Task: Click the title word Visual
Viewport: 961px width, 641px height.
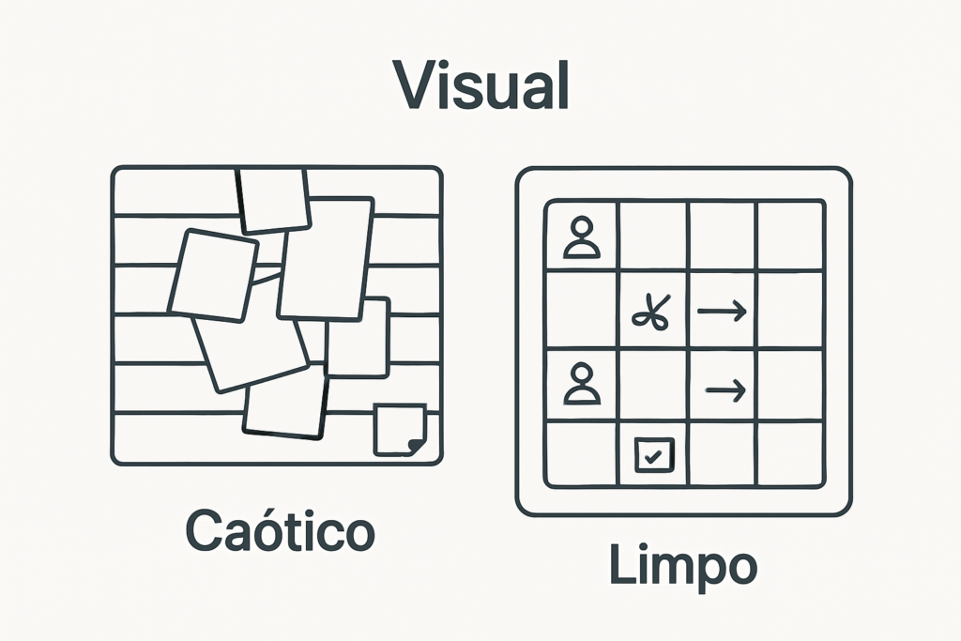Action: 480,85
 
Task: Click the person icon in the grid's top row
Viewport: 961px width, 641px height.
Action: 582,237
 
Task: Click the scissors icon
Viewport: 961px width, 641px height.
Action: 652,312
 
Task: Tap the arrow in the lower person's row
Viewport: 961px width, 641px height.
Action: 725,388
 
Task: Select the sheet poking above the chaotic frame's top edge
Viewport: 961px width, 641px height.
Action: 274,199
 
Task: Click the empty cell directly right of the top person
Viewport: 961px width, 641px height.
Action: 653,236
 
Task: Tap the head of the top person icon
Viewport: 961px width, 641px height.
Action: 582,228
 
